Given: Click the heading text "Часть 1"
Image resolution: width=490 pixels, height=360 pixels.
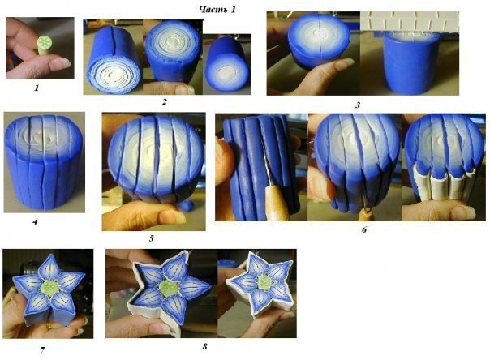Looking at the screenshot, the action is [x=217, y=10].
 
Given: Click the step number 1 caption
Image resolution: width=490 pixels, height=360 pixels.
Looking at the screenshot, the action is [x=37, y=88].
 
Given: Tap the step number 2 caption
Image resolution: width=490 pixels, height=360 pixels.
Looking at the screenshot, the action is [x=165, y=102].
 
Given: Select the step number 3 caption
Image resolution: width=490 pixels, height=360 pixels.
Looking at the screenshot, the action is [x=358, y=105].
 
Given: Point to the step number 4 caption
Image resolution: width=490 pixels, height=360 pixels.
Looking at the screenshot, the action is [x=35, y=222].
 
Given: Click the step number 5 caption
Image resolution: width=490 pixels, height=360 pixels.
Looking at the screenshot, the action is [x=151, y=239].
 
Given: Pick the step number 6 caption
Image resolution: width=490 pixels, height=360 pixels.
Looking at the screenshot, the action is [x=364, y=230].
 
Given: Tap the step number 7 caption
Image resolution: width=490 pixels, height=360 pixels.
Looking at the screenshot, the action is [x=42, y=350].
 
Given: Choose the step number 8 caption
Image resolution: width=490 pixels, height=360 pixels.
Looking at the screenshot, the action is [x=204, y=346].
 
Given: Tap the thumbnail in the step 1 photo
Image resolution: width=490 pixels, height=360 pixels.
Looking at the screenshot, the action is [x=60, y=63].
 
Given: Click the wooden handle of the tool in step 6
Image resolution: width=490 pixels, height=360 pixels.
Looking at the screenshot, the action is [x=277, y=204].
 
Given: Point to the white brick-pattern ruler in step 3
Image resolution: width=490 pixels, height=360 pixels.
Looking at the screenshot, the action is [x=412, y=22].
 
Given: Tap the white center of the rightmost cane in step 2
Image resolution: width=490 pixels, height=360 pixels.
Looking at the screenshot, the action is [x=227, y=74].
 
